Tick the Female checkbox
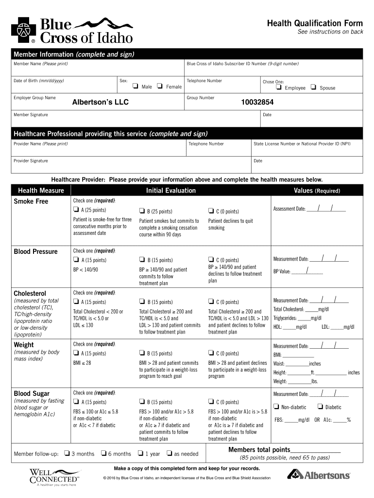(x=160, y=87)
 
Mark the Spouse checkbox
(x=313, y=88)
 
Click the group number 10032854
(x=257, y=103)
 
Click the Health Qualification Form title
(x=314, y=23)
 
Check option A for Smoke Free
(x=76, y=211)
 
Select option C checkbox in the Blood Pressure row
(x=211, y=260)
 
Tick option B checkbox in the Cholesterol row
(x=142, y=302)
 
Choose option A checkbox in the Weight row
(x=76, y=353)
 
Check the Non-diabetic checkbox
(x=276, y=407)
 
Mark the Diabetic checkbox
(x=320, y=407)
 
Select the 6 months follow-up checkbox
(x=103, y=453)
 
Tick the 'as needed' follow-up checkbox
(x=169, y=453)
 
